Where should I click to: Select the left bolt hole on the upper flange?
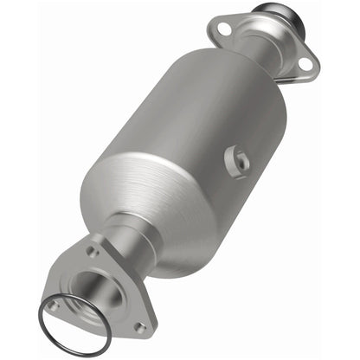(224, 30)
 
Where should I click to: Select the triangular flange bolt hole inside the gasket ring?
(53, 305)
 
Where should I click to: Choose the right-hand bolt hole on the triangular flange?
(139, 327)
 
